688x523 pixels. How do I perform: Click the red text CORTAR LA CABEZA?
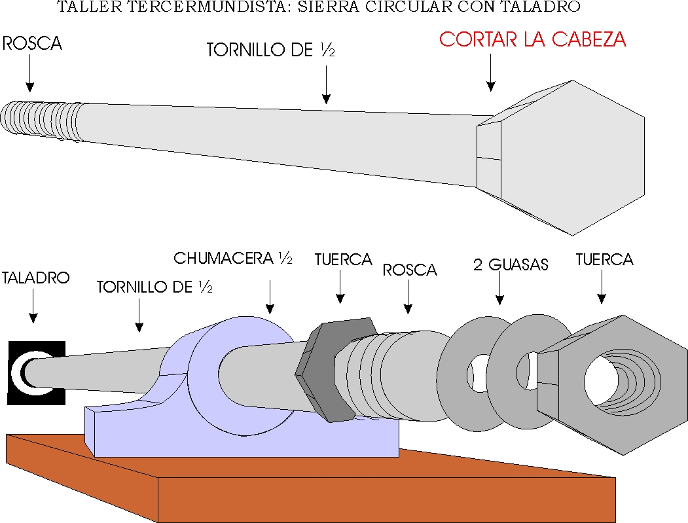point(532,39)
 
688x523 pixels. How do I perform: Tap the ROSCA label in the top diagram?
point(32,43)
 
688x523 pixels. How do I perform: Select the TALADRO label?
point(35,278)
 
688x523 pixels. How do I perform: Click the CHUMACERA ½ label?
point(233,258)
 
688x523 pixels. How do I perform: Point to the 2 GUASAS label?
point(511,264)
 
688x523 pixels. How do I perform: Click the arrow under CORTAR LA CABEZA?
point(491,73)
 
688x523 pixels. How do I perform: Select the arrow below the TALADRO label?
point(33,306)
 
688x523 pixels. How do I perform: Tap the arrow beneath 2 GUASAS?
point(499,288)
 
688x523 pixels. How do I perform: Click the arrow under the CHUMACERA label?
point(270,297)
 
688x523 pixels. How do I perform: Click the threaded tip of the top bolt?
point(42,120)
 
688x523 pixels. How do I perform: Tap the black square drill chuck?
point(37,372)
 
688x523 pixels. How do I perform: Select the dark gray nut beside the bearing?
point(336,369)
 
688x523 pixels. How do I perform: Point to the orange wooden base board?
point(307,482)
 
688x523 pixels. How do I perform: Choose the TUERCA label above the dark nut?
point(343,259)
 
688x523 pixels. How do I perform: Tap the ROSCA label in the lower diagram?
point(410,270)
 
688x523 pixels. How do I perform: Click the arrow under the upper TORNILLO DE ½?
point(326,84)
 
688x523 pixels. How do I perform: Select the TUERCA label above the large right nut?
point(605,259)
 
